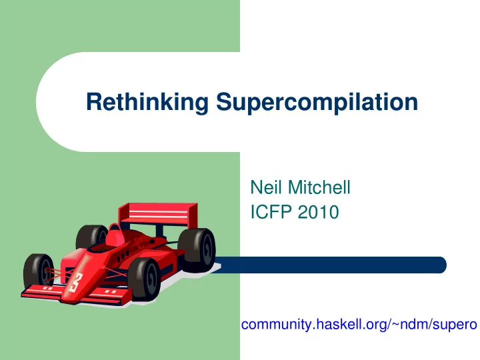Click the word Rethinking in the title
(x=147, y=102)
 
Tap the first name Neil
(x=266, y=187)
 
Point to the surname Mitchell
(x=319, y=187)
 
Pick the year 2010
(x=319, y=212)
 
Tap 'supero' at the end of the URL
(x=454, y=325)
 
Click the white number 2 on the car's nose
(x=75, y=282)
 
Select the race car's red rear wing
(x=158, y=214)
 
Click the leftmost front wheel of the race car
(x=39, y=271)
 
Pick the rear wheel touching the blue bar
(x=197, y=250)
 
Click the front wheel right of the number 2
(x=144, y=279)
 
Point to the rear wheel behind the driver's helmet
(x=91, y=236)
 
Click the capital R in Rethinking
(x=94, y=101)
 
